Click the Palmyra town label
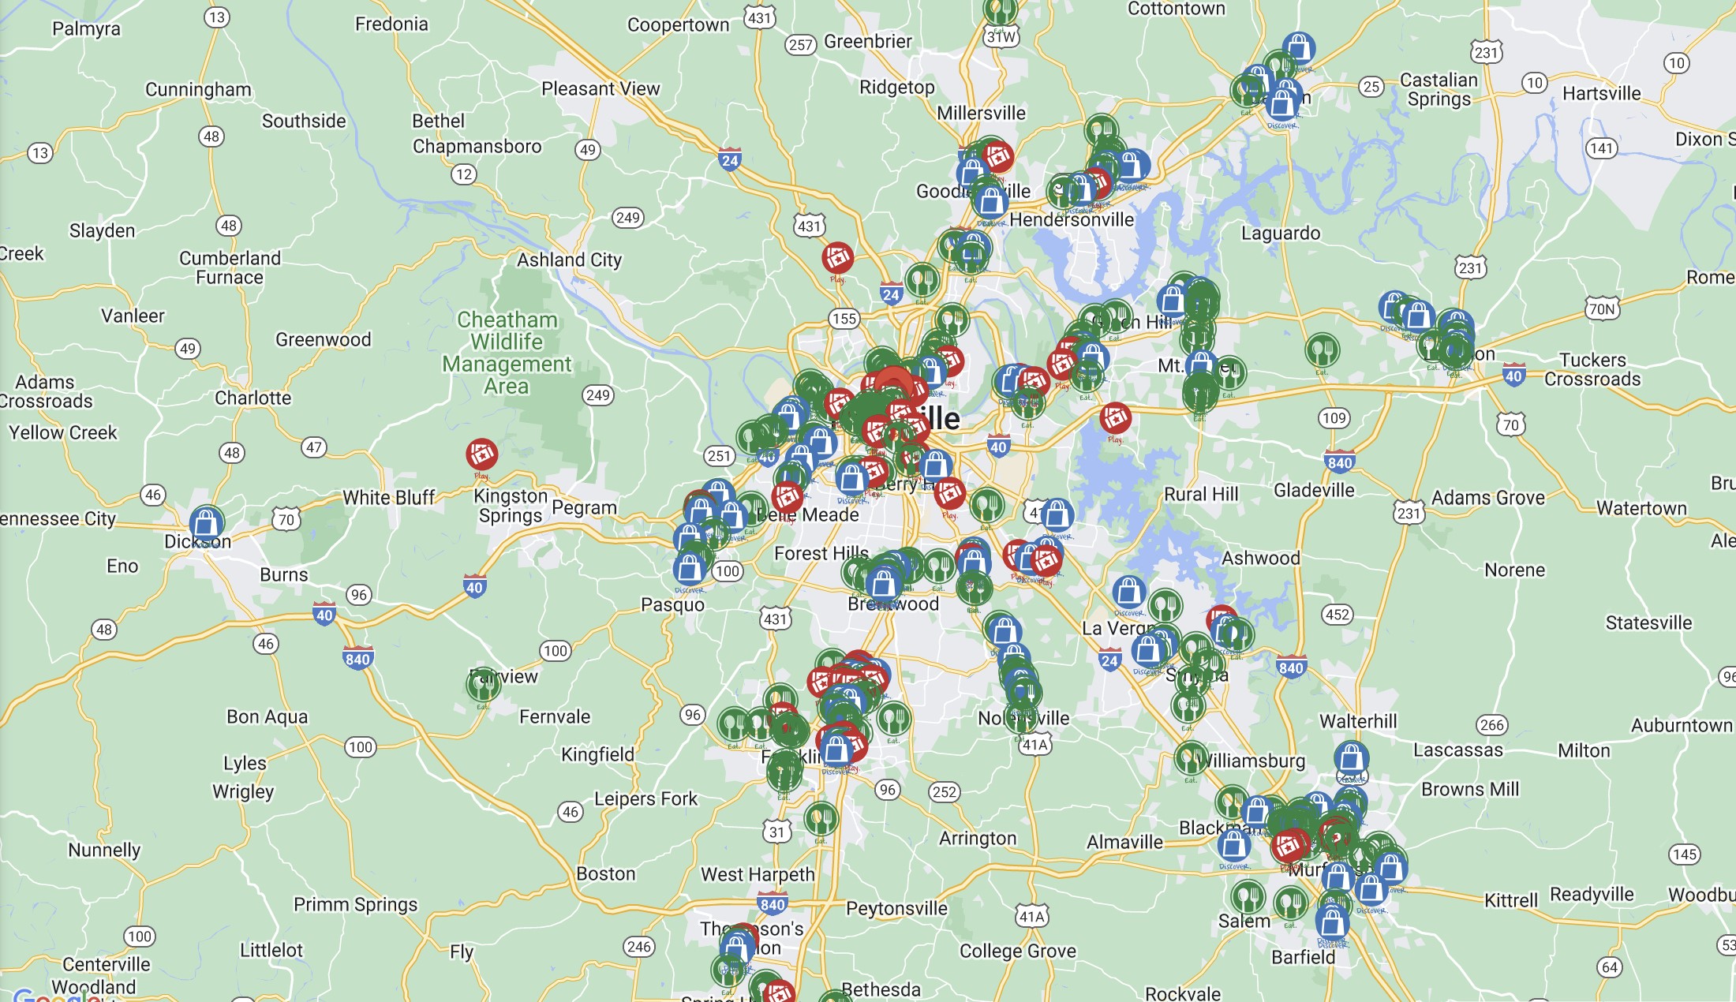86,29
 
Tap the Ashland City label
569,260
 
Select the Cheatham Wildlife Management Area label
507,353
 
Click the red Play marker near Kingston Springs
481,454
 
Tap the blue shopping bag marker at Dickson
206,522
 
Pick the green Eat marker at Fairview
483,684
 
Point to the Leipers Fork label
645,798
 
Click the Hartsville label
1601,93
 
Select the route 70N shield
1602,308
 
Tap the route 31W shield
1001,37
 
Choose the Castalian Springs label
1439,89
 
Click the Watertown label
1641,508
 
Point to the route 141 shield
1601,148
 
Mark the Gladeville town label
1314,490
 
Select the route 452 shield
1338,615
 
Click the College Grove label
1017,951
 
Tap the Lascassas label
1457,750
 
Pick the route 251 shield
719,455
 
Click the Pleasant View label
600,88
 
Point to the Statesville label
1648,623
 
